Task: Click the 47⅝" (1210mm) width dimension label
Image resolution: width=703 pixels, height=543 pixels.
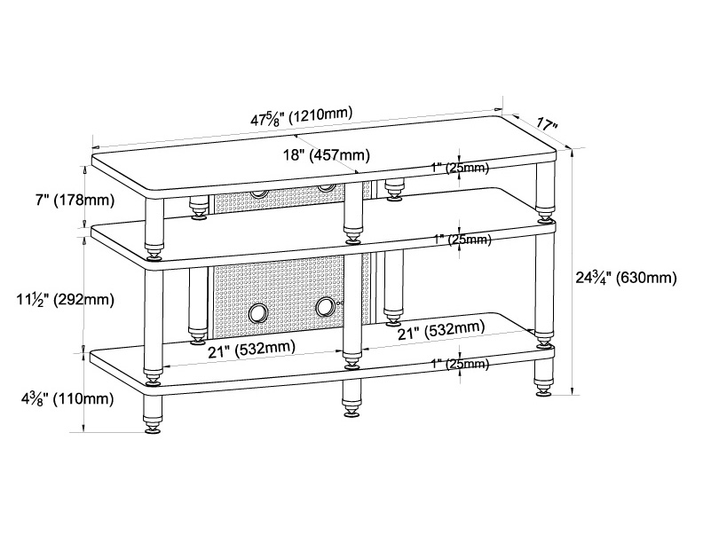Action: [x=301, y=116]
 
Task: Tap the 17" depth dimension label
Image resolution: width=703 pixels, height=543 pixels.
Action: [x=546, y=124]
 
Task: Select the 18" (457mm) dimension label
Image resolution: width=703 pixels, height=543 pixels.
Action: [x=327, y=155]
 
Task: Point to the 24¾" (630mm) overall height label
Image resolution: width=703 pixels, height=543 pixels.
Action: [x=626, y=278]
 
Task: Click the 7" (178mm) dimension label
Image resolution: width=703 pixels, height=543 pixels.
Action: [x=75, y=200]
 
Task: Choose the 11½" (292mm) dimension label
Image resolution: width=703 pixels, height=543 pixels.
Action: [x=66, y=299]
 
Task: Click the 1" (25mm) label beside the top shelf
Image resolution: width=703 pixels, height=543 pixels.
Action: [x=460, y=168]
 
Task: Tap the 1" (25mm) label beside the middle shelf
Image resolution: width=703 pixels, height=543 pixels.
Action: [x=462, y=240]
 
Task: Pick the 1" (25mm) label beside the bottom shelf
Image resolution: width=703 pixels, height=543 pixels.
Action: [x=460, y=364]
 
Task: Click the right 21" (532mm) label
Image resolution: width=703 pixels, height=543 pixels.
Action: [x=442, y=331]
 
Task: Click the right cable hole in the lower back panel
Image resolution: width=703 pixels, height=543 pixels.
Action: [x=325, y=306]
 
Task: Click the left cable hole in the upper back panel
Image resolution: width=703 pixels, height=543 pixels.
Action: [x=258, y=193]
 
